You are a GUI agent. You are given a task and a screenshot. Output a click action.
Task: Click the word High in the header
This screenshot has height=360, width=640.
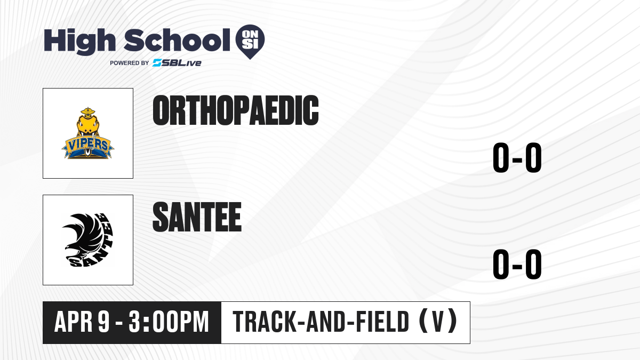(79, 41)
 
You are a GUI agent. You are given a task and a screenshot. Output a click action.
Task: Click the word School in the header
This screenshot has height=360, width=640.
(177, 40)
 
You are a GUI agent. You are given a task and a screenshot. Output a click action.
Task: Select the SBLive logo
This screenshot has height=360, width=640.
(177, 63)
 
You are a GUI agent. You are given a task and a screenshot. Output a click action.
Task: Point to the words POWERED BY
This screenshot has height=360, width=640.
(129, 63)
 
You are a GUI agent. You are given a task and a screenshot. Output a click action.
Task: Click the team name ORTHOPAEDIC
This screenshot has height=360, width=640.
(236, 110)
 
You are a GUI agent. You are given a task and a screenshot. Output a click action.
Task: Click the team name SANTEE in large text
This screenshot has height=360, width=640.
(197, 217)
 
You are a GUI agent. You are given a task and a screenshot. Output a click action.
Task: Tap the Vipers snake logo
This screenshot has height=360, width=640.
(87, 133)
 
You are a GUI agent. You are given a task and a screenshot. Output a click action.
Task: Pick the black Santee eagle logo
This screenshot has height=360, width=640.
(87, 240)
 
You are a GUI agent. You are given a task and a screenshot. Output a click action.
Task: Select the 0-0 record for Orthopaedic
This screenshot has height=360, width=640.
(517, 157)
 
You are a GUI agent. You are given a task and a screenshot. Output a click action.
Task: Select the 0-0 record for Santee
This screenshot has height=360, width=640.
(517, 264)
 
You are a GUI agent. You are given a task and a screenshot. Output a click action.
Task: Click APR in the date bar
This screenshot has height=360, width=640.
(74, 322)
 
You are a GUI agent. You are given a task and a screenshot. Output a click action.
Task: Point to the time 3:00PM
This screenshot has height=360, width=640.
(169, 322)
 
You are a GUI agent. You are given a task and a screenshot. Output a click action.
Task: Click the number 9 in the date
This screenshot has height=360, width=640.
(103, 322)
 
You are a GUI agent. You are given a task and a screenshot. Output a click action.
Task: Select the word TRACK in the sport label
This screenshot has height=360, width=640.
(265, 322)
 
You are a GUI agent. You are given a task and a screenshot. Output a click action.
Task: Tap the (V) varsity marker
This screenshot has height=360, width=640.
(438, 321)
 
